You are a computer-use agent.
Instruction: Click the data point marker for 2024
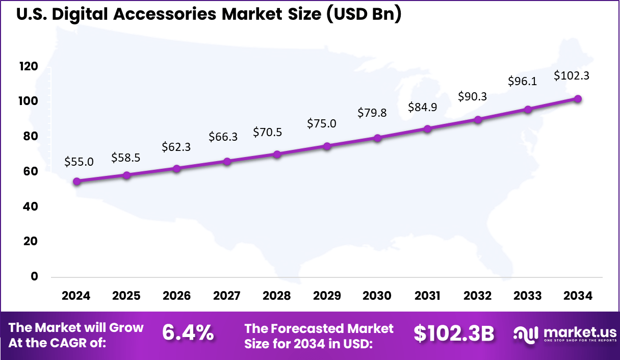tap(76, 181)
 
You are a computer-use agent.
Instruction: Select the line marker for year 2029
tap(327, 146)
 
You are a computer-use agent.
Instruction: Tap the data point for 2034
tap(578, 99)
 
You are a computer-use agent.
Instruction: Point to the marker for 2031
tap(427, 128)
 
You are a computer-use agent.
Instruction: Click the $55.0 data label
tap(79, 162)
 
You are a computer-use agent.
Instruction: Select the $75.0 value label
tap(321, 123)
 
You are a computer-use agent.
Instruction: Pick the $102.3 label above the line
tap(571, 76)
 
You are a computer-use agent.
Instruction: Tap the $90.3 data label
tap(472, 96)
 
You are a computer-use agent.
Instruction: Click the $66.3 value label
tap(223, 136)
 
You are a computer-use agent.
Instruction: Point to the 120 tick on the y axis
tap(29, 66)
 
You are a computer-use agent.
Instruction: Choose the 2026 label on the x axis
tap(176, 296)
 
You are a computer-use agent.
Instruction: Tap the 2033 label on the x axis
tap(528, 296)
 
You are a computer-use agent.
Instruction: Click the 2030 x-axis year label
tap(377, 296)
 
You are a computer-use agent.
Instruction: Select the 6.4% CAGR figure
tap(188, 333)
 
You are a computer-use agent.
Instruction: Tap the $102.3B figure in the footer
tap(454, 333)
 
